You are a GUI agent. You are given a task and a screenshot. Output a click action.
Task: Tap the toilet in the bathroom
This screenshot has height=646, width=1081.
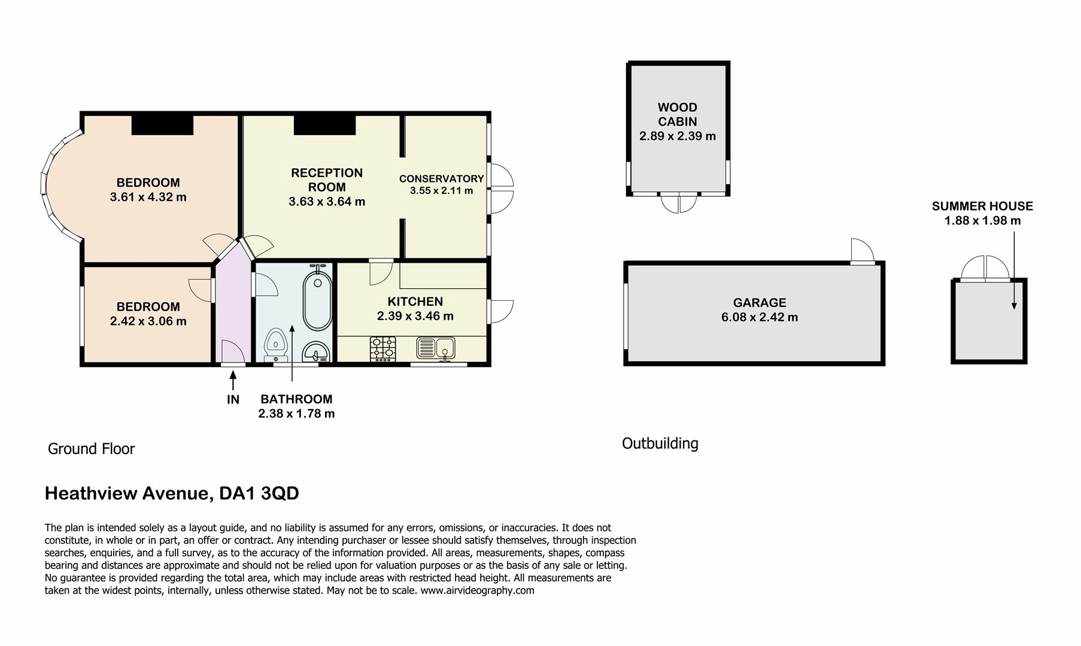coord(276,343)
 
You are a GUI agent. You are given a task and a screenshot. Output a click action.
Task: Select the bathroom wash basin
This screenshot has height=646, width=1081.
coord(315,352)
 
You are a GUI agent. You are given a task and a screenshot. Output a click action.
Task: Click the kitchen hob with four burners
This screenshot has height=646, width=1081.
coord(383,349)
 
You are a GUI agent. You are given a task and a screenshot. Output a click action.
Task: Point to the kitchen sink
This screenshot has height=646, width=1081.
coord(436,348)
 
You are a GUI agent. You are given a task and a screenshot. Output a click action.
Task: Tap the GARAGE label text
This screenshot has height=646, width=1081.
coord(760,303)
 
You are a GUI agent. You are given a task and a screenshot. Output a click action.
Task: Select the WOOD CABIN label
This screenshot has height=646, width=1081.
coord(677,114)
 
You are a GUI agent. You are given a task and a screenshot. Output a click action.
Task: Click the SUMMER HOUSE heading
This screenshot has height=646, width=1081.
coord(982,206)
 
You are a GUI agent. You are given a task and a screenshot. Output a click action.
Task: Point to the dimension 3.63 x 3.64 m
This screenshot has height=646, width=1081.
coord(327,202)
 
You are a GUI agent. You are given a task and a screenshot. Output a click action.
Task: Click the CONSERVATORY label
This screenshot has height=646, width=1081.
coord(441,179)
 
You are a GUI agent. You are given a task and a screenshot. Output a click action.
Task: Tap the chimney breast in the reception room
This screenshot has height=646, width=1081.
coord(324,125)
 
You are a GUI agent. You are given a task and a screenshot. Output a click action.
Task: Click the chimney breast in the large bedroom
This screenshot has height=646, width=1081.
coord(162,125)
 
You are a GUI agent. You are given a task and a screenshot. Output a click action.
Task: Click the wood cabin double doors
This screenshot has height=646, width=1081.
coord(679,203)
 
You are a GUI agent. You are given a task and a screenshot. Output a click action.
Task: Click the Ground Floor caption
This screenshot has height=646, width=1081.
coord(91,449)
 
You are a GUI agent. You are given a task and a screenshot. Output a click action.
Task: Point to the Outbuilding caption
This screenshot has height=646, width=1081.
coord(660,443)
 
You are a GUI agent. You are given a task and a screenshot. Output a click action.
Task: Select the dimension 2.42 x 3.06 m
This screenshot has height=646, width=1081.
coord(148,321)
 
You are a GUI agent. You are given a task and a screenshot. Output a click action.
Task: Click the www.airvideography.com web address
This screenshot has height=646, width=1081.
coord(477,590)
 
